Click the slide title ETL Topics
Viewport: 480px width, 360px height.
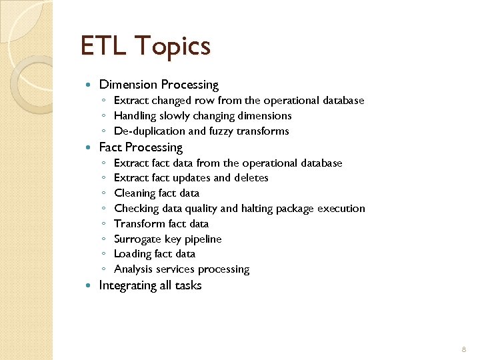pyautogui.click(x=145, y=46)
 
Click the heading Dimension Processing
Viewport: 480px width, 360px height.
pyautogui.click(x=159, y=85)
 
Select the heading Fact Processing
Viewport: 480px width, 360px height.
pyautogui.click(x=141, y=147)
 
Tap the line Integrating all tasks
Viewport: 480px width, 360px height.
pyautogui.click(x=150, y=285)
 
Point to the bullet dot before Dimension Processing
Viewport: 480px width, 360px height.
pyautogui.click(x=90, y=85)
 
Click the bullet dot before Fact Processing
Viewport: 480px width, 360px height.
pyautogui.click(x=90, y=147)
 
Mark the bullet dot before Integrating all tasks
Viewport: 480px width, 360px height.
pyautogui.click(x=90, y=285)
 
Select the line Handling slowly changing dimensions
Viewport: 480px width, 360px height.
pyautogui.click(x=203, y=116)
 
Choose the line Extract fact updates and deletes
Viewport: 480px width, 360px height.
pyautogui.click(x=191, y=178)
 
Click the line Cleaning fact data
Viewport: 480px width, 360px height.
pyautogui.click(x=157, y=193)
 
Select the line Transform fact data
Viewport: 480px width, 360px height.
pyautogui.click(x=161, y=224)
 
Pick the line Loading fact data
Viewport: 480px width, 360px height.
pyautogui.click(x=155, y=254)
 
